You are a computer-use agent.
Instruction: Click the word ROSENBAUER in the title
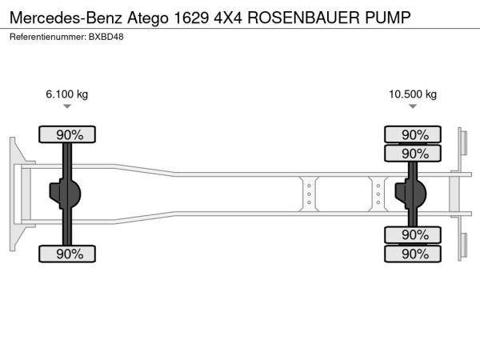[303, 18]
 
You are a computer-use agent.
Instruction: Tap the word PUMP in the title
[387, 18]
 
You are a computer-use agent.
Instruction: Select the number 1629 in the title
[191, 18]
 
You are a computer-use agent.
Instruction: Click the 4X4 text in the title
[228, 18]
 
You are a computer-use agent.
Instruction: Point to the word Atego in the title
[148, 18]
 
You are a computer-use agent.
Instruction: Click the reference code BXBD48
[106, 37]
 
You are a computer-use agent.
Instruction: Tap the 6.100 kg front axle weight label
[66, 94]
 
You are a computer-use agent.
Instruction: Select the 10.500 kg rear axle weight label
[413, 94]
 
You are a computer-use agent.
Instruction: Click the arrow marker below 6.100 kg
[67, 106]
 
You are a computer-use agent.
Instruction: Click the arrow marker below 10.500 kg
[413, 106]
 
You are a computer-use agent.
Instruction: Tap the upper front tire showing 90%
[67, 134]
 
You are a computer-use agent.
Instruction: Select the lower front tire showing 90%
[67, 254]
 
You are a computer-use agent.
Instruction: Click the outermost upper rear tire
[413, 134]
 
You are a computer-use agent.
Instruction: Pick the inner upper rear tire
[413, 153]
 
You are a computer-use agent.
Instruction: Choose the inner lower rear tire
[413, 235]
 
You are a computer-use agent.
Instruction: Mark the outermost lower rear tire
[413, 254]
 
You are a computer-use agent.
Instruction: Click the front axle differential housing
[65, 194]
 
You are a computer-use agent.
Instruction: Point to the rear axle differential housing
[410, 194]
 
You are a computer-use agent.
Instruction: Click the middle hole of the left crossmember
[309, 194]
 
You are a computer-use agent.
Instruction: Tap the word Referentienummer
[47, 37]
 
